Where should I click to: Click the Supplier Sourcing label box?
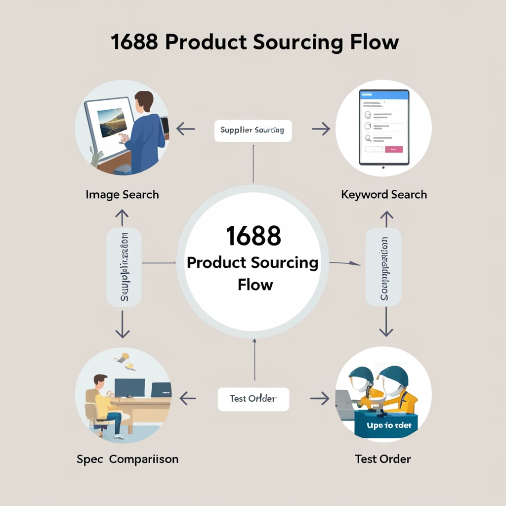point(253,130)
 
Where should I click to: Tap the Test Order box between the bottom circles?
point(253,398)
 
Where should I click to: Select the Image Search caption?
point(122,195)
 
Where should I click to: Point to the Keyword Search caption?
point(384,195)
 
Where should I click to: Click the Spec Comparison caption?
point(127,459)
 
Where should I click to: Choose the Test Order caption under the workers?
point(383,459)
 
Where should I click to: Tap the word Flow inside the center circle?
point(255,285)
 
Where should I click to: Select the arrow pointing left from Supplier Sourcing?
point(185,129)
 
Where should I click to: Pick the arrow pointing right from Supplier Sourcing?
point(321,129)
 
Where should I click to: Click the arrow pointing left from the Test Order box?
point(187,398)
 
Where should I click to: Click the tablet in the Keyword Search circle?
point(384,127)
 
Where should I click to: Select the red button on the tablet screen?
point(393,149)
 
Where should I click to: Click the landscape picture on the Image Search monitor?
point(112,123)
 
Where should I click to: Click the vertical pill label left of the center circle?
point(124,267)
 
